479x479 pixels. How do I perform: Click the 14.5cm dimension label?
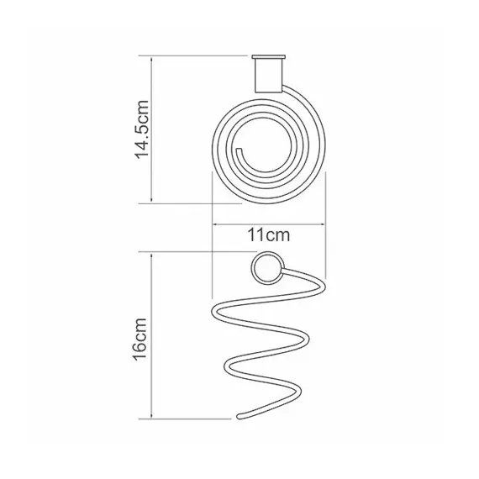[x=142, y=129]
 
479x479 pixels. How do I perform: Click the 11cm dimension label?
[x=269, y=235]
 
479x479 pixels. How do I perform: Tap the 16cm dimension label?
[x=140, y=340]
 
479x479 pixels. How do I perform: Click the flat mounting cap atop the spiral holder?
[x=269, y=57]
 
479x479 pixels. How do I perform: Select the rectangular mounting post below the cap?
[x=269, y=76]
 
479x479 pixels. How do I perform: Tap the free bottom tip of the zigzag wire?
[x=239, y=416]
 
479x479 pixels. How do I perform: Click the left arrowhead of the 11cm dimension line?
[x=215, y=224]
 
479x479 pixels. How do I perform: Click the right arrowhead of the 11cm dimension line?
[x=323, y=224]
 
